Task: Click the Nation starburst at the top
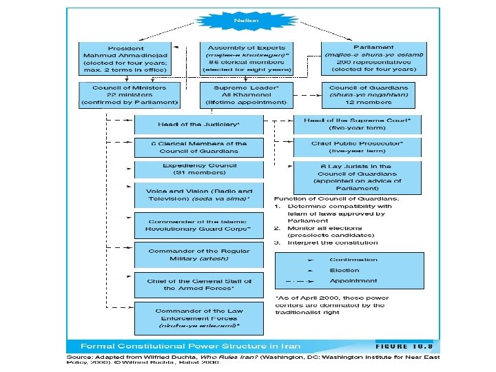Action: pyautogui.click(x=246, y=21)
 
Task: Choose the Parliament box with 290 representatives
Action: pyautogui.click(x=373, y=58)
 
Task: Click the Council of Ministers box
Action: pyautogui.click(x=129, y=94)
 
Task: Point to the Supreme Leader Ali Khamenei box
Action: pyautogui.click(x=246, y=94)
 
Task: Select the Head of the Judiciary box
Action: pyautogui.click(x=199, y=124)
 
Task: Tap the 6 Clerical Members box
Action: pyautogui.click(x=199, y=147)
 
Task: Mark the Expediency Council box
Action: pyautogui.click(x=199, y=169)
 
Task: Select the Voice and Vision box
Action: pyautogui.click(x=199, y=195)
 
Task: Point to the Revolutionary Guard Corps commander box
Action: pyautogui.click(x=199, y=225)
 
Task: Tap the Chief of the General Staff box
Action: pyautogui.click(x=199, y=284)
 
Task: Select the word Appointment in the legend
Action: pyautogui.click(x=353, y=281)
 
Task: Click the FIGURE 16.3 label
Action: pyautogui.click(x=409, y=345)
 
